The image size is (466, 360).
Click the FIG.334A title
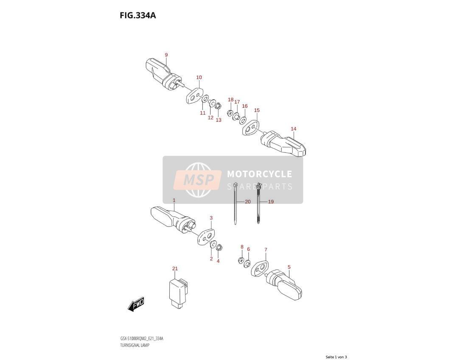[138, 15]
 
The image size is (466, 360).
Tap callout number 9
[166, 55]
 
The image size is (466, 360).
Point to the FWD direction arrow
[136, 304]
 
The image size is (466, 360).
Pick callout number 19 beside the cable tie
[270, 202]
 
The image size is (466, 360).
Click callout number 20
[248, 202]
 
